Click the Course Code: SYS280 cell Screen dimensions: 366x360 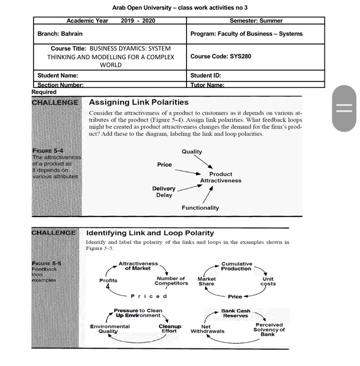click(220, 56)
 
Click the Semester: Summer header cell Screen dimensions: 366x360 click(256, 21)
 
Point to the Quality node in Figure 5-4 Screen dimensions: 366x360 click(192, 152)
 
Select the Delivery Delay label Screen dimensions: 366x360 click(164, 192)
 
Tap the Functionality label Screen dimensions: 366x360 click(200, 208)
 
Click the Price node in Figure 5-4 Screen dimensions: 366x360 click(164, 165)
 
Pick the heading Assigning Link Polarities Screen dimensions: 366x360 click(138, 102)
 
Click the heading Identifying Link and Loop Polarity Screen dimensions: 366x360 click(149, 233)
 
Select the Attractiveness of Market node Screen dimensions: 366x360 click(138, 266)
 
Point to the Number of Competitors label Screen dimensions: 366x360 click(171, 281)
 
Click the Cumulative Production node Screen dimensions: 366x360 click(236, 266)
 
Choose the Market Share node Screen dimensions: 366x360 click(206, 281)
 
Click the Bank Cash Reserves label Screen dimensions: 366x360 click(236, 313)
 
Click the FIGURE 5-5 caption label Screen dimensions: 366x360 click(47, 264)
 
